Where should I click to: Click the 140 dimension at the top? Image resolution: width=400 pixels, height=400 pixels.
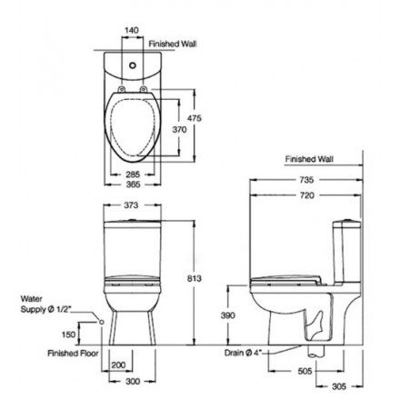132,30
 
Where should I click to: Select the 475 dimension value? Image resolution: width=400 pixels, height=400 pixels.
195,118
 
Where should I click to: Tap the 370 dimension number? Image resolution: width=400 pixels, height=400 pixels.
179,130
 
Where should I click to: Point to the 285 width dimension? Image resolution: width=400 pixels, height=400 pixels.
133,175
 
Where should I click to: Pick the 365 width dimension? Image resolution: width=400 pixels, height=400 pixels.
133,185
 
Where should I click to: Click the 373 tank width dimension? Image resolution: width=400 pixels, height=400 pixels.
132,205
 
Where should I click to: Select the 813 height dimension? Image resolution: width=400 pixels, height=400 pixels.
195,278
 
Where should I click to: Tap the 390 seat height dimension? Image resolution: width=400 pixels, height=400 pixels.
227,315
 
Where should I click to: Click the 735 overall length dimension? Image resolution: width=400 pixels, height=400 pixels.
306,180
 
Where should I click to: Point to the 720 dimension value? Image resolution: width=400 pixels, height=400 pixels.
307,195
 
